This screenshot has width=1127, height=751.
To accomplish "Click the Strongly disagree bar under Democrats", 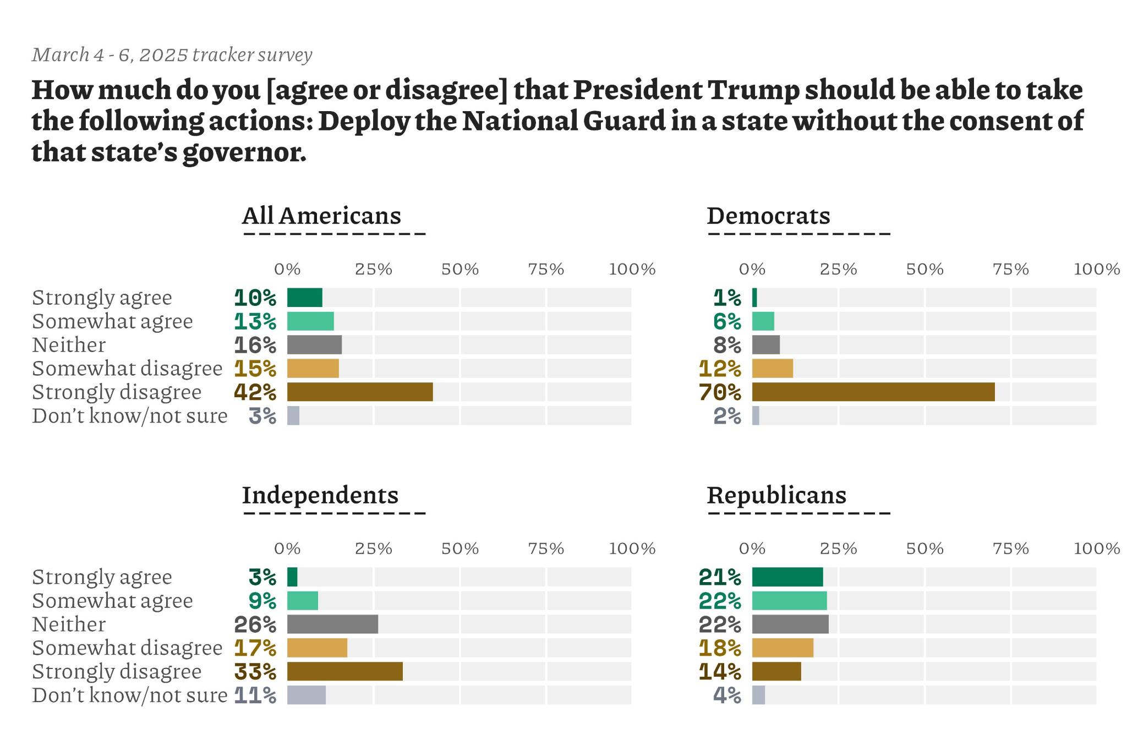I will (873, 392).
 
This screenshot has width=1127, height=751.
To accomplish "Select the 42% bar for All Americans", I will (360, 392).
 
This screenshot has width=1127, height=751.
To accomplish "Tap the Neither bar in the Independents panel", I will (332, 624).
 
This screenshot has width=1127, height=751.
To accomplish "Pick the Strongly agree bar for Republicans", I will (787, 577).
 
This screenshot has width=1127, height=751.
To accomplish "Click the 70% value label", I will (720, 392).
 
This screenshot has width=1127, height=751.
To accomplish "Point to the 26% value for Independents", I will (255, 624).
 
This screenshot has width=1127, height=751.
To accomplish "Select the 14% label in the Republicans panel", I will (720, 672).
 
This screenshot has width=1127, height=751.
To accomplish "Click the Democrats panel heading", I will (768, 216).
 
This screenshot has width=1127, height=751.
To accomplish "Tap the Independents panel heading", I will (320, 495).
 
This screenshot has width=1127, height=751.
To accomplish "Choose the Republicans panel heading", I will (776, 495).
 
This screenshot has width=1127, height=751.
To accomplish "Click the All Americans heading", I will (321, 216).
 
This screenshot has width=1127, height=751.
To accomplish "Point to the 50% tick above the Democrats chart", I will (924, 269).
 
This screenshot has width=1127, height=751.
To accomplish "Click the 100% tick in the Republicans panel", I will (1096, 549).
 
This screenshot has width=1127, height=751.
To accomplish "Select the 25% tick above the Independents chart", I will (373, 549).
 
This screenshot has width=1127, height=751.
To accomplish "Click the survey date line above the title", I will (172, 55).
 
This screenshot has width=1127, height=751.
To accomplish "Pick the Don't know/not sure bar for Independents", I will (307, 695).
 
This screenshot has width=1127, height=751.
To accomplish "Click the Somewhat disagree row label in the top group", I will (127, 368).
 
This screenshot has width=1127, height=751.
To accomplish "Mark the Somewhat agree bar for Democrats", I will (763, 321).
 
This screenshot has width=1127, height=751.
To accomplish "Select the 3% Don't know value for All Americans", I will (262, 416).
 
